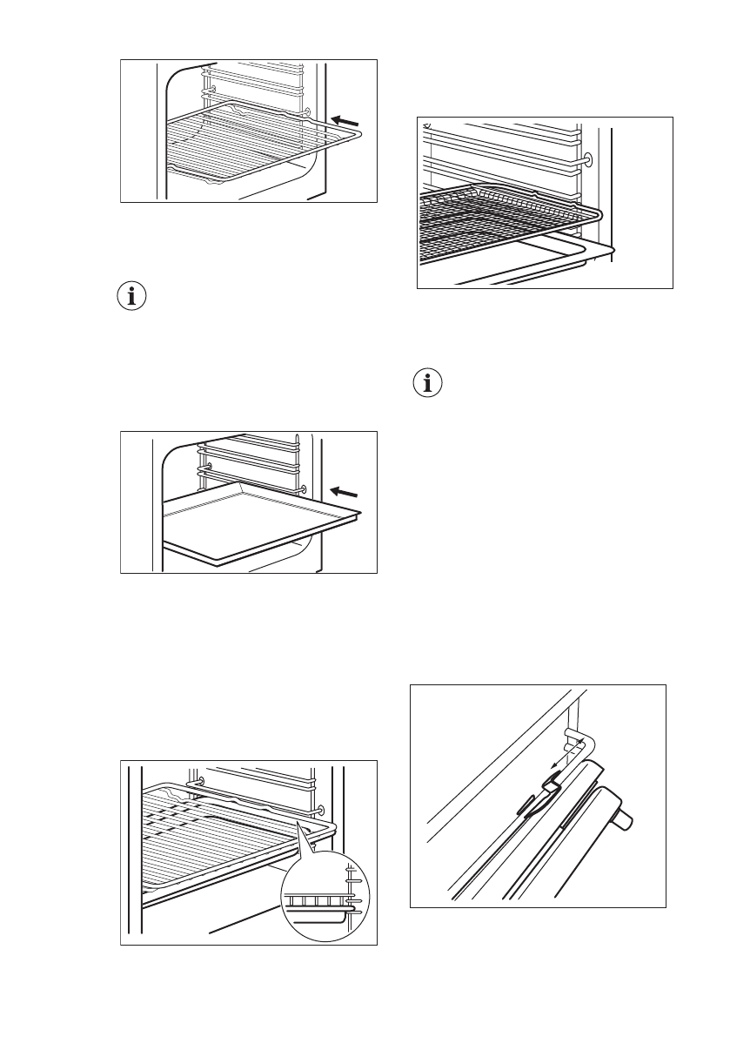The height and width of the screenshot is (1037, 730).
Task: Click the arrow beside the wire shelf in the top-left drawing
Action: pos(345,118)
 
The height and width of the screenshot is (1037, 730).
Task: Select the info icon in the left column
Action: pos(132,296)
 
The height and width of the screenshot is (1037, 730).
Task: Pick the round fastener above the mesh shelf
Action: pos(587,159)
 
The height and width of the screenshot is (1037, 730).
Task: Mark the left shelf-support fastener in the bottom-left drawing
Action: pos(202,782)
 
